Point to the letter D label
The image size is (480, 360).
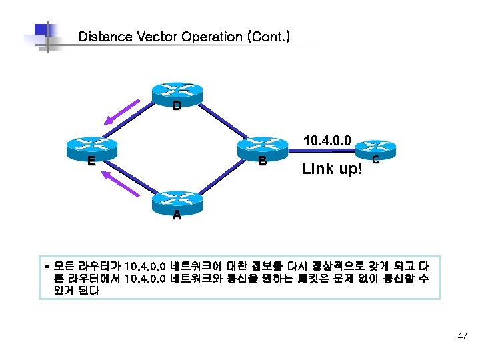(x=177, y=106)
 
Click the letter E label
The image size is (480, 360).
(x=91, y=160)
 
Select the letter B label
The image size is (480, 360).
(x=263, y=161)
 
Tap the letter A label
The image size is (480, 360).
(x=176, y=215)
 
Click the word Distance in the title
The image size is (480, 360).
(x=105, y=37)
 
